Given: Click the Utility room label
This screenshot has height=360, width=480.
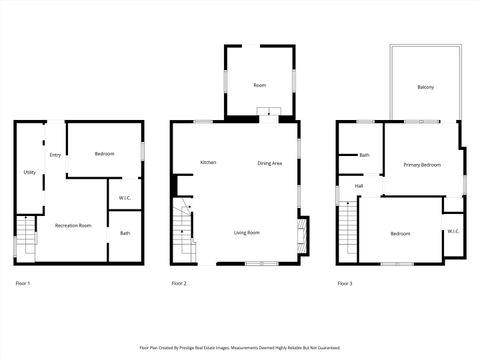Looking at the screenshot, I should click(x=29, y=173).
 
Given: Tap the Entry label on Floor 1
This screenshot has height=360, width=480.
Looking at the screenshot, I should click(x=55, y=155).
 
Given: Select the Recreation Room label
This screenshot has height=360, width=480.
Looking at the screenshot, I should click(x=73, y=225).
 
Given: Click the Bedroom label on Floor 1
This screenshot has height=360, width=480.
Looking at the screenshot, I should click(x=105, y=153).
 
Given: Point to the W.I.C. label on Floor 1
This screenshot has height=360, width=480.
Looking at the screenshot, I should click(x=125, y=197).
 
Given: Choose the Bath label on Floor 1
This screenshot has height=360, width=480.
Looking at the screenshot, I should click(x=125, y=233).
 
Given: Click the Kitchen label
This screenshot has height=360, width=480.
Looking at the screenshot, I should click(x=208, y=162).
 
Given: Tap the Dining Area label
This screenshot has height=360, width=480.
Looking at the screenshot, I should click(x=269, y=163).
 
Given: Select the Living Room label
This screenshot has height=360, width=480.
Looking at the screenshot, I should click(x=247, y=232).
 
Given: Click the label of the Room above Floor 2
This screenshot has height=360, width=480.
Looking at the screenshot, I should click(x=259, y=85).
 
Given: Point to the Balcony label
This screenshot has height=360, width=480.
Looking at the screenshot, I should click(x=426, y=87).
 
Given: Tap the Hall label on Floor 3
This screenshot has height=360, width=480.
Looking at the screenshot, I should click(x=358, y=186).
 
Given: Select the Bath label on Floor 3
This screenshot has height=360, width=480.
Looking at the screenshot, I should click(x=364, y=155).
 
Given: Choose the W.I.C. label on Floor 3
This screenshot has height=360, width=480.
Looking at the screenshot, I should click(x=452, y=231).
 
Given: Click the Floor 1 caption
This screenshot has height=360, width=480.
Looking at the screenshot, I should click(x=23, y=284).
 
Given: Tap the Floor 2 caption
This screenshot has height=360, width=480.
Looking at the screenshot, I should click(x=179, y=284).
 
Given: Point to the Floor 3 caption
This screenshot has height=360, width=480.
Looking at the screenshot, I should click(x=344, y=284).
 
